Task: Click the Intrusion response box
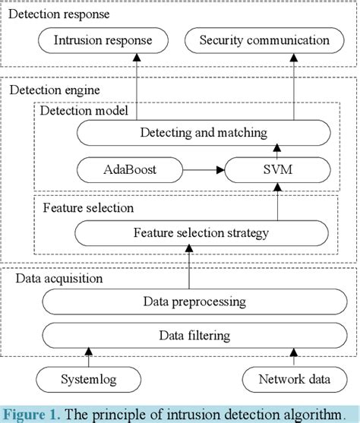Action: [103, 39]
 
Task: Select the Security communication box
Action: [264, 39]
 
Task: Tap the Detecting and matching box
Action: [204, 133]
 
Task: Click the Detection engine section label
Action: [54, 90]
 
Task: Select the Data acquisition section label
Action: [59, 279]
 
